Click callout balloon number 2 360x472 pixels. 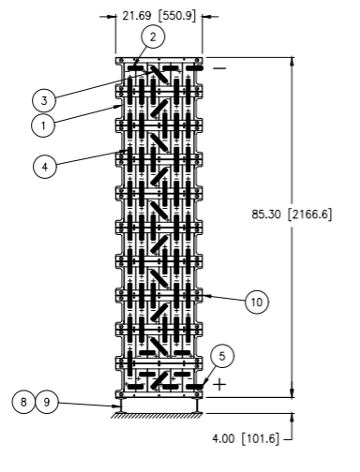coord(153,37)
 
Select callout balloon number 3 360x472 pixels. coord(44,100)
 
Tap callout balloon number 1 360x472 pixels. coord(43,125)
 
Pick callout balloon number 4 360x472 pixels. coord(45,167)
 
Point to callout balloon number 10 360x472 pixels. coord(257,302)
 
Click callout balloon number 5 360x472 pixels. coord(222,356)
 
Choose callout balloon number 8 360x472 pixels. coord(23,402)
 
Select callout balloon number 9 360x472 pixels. coord(47,402)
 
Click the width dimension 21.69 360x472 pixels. coord(137,16)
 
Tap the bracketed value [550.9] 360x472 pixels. coord(177,16)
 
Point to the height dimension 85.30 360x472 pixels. coord(266,214)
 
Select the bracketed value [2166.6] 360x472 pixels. coord(309,214)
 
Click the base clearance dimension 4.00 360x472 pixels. coord(223,438)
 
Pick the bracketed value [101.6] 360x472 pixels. coord(260,438)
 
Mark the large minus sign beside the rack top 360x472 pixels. coord(219,68)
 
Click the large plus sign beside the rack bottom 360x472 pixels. coord(219,384)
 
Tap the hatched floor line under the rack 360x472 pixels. coord(157,415)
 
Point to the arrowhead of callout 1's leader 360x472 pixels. coord(118,107)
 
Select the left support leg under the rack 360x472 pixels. coord(121,406)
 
